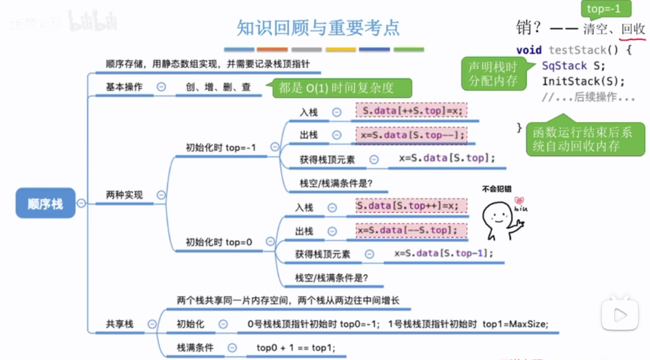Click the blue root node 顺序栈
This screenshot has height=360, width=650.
pyautogui.click(x=46, y=203)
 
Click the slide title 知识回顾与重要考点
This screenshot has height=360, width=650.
pyautogui.click(x=318, y=28)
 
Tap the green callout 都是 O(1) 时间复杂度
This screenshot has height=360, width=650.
pyautogui.click(x=336, y=88)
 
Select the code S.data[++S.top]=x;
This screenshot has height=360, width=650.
pyautogui.click(x=411, y=112)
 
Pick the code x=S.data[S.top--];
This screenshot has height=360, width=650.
pyautogui.click(x=411, y=135)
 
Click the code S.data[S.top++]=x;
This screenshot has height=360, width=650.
pyautogui.click(x=411, y=206)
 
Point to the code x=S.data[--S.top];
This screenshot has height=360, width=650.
pyautogui.click(x=411, y=230)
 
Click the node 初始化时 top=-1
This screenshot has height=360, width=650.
pyautogui.click(x=221, y=148)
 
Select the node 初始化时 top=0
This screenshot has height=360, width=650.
pyautogui.click(x=218, y=242)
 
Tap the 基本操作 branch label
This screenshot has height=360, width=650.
pyautogui.click(x=124, y=87)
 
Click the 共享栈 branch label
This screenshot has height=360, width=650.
pyautogui.click(x=120, y=324)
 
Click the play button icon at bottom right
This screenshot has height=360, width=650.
pyautogui.click(x=620, y=314)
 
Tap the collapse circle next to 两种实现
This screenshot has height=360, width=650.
pyautogui.click(x=161, y=195)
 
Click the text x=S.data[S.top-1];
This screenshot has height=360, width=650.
pyautogui.click(x=444, y=253)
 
